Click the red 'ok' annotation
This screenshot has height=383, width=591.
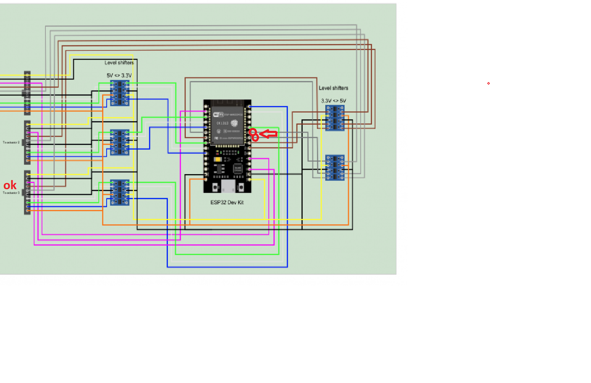(x=10, y=185)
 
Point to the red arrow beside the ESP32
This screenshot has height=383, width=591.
(x=269, y=134)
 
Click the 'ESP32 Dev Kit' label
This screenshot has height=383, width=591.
(x=227, y=203)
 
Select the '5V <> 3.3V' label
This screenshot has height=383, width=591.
(x=119, y=75)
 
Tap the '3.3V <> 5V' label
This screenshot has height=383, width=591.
(x=334, y=101)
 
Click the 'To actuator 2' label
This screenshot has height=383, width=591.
(x=11, y=143)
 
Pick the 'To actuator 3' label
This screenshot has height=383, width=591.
(x=11, y=193)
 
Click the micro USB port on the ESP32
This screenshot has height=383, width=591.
(x=228, y=186)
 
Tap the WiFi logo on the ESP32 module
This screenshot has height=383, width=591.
(x=217, y=115)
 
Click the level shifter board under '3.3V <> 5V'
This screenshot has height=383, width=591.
(x=335, y=118)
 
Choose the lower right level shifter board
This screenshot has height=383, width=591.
(x=335, y=168)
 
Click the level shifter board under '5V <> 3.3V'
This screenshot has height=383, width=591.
(x=120, y=93)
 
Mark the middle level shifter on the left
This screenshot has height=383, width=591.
(x=120, y=143)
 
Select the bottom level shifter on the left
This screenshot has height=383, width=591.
(x=120, y=193)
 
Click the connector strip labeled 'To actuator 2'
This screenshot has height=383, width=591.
(x=27, y=143)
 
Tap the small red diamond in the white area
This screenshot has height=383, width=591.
(x=489, y=83)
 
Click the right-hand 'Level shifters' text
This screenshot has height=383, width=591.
(x=334, y=88)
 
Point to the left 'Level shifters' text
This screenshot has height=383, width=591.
(x=119, y=63)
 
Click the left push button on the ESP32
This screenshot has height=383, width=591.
(x=215, y=188)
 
